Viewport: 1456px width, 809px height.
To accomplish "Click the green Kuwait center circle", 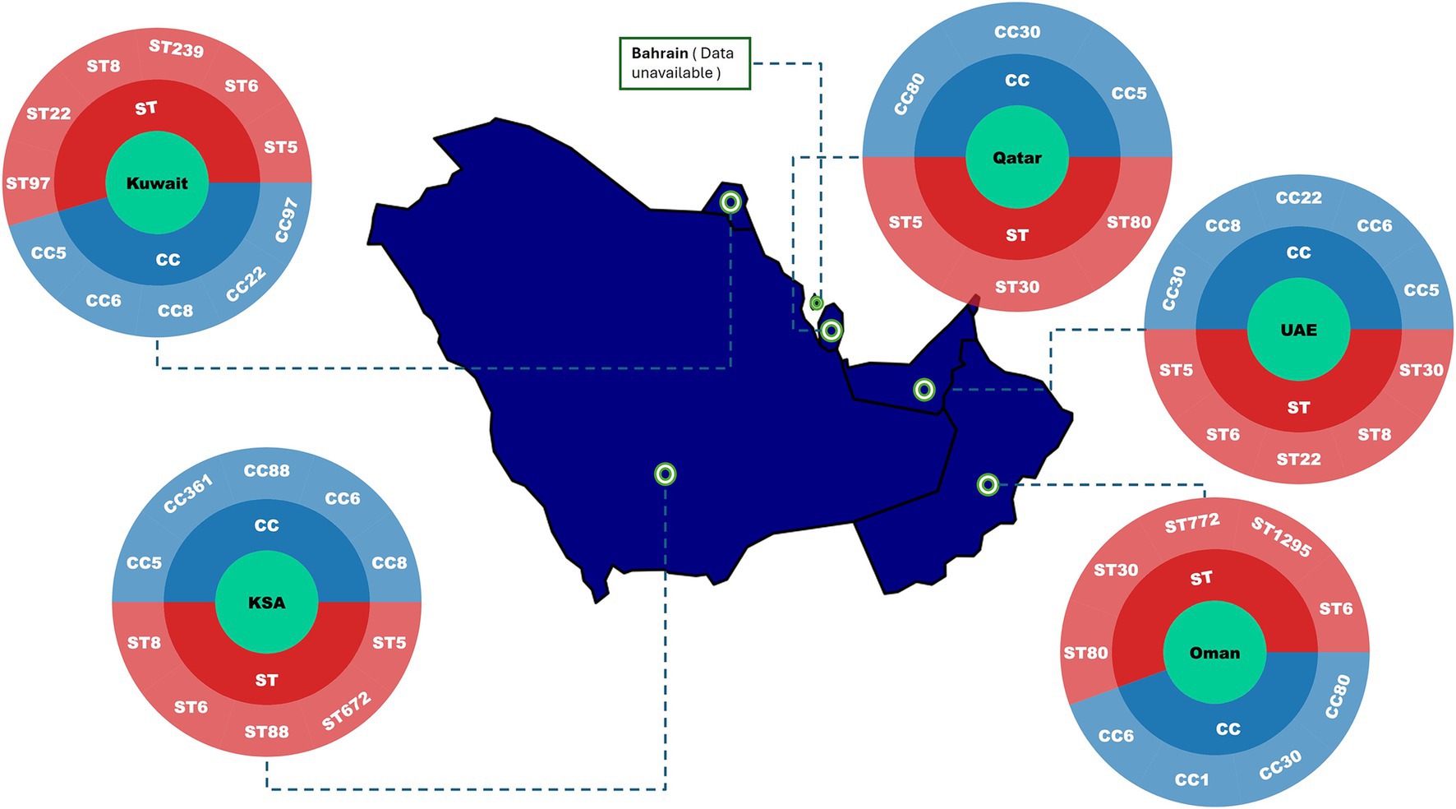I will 157,183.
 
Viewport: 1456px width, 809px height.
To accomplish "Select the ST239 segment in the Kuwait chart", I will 177,49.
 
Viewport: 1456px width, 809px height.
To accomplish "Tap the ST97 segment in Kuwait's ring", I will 28,183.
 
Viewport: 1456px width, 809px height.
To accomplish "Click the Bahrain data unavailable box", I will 684,63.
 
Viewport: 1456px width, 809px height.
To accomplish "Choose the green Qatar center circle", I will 1016,158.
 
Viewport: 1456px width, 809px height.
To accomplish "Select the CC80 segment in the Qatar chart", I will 910,94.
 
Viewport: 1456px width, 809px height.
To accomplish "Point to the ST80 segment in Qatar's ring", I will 1128,222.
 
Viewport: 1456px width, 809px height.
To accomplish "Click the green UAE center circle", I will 1298,330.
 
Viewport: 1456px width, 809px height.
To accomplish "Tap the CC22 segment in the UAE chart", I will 1298,197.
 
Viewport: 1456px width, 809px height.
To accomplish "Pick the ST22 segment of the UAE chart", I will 1298,459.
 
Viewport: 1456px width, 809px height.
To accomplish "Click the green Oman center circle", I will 1214,653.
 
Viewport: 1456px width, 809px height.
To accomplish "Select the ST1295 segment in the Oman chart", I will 1280,536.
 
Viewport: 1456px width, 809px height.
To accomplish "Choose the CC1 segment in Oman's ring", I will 1191,779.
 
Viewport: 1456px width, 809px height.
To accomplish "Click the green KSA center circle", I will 266,603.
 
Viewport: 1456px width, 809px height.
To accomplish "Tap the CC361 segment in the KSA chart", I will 188,493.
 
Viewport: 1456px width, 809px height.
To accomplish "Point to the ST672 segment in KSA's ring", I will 346,711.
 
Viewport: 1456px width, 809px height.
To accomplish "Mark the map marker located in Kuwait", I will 730,201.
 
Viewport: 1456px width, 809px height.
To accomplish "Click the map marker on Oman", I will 988,484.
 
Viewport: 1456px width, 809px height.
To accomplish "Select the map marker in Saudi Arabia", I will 665,474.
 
